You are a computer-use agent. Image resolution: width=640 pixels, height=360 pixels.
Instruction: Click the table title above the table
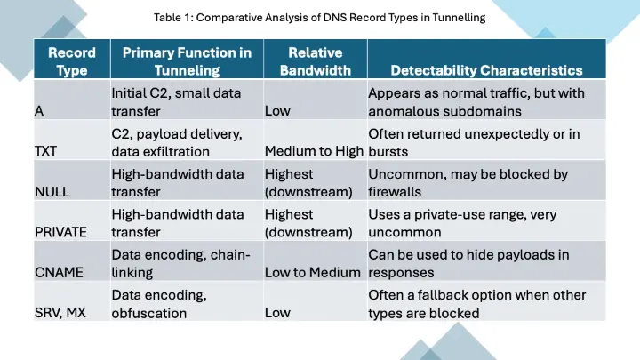coord(319,18)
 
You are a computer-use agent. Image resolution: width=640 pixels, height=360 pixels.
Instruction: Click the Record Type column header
coord(71,60)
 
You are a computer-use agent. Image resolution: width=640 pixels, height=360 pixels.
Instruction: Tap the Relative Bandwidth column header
coord(315,60)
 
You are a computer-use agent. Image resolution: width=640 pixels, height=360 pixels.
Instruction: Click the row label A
coord(39,112)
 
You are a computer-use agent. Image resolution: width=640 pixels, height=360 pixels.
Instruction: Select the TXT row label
coord(45,150)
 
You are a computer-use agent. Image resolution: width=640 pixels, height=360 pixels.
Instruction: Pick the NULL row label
coord(52,191)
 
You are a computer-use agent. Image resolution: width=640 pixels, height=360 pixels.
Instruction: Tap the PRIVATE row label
coord(61,231)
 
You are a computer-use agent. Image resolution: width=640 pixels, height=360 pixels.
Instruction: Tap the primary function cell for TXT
coord(177,142)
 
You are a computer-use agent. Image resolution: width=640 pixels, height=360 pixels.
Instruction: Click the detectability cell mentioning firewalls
coord(468,182)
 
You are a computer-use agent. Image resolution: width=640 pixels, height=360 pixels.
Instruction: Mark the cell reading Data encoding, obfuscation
coord(159,303)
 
